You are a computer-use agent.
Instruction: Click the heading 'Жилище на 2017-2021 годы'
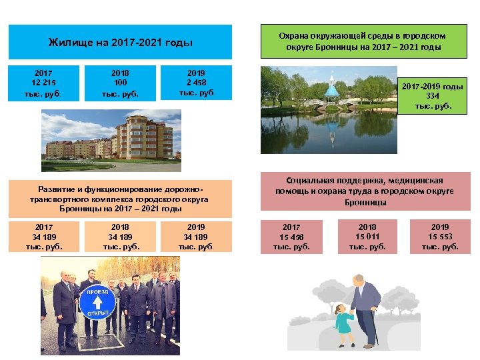tap(121, 43)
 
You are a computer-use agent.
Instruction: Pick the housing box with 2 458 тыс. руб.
tap(196, 84)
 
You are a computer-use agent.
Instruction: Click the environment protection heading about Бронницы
tap(363, 41)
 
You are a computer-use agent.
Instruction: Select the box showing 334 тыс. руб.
tap(433, 97)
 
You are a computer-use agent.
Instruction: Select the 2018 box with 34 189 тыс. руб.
tap(120, 237)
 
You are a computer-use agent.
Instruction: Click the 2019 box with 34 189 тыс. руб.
tap(196, 237)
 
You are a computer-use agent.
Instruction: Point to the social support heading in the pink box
tap(365, 191)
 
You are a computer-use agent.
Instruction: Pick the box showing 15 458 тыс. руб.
tap(291, 237)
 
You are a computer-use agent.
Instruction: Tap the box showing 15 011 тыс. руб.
tap(367, 237)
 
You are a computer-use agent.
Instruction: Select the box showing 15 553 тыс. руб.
tap(440, 237)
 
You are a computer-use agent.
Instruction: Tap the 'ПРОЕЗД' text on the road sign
tap(98, 291)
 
